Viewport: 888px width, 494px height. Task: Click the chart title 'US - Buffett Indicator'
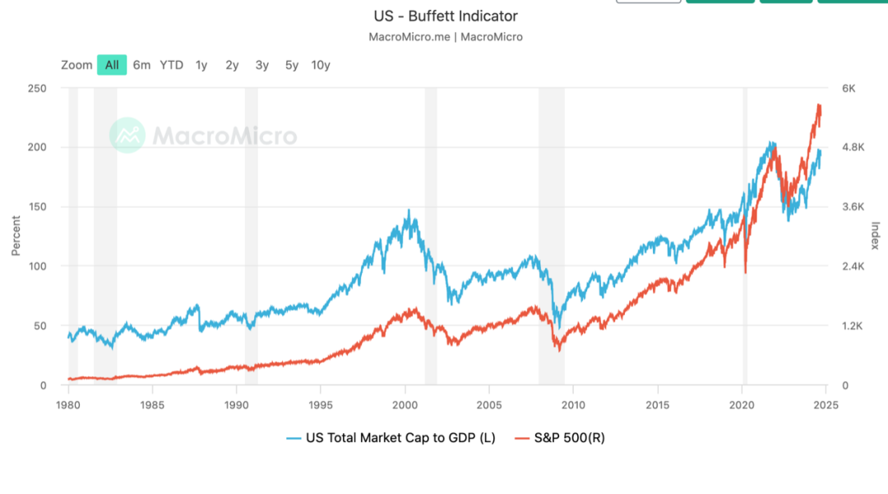pos(446,16)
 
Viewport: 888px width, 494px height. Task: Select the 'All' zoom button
pos(112,65)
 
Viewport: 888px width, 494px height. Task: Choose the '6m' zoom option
pos(142,65)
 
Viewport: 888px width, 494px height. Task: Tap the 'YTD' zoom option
pos(171,65)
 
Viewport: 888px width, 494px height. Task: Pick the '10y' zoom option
pos(321,65)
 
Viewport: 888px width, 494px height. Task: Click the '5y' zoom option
pos(292,65)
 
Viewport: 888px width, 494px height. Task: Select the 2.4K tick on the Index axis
pos(852,266)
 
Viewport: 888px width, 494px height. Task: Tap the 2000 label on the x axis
pos(405,405)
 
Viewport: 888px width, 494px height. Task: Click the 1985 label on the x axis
pos(152,405)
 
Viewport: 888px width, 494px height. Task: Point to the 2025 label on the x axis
pos(826,405)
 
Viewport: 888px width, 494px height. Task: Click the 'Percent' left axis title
pos(16,236)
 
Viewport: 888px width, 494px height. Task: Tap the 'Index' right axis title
pos(876,236)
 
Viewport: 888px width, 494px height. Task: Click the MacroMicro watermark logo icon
pos(127,136)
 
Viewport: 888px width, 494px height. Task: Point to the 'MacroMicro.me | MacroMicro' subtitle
pos(446,37)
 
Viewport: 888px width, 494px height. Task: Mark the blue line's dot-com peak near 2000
pos(409,210)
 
